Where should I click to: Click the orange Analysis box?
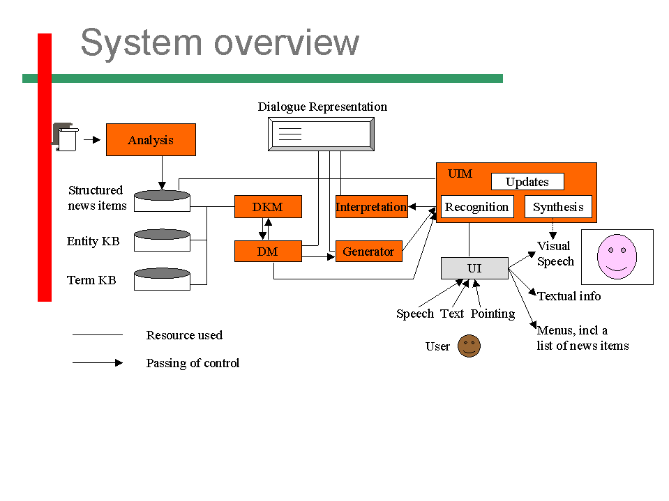(x=151, y=140)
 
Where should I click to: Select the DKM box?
(x=268, y=207)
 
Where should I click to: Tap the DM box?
(x=268, y=252)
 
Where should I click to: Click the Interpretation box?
(x=372, y=207)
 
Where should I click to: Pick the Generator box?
(x=368, y=252)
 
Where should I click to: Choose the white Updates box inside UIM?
(x=527, y=181)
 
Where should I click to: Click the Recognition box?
(x=477, y=207)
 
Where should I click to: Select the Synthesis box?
(x=558, y=207)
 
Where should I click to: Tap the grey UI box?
(x=474, y=268)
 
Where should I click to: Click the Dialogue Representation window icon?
(x=322, y=134)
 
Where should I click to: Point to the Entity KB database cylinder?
(x=162, y=240)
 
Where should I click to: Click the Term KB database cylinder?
(x=162, y=279)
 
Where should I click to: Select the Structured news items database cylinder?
(x=162, y=201)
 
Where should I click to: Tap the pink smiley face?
(x=617, y=256)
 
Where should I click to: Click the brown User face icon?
(x=469, y=346)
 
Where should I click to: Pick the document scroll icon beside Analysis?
(x=66, y=137)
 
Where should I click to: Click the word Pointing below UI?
(x=493, y=314)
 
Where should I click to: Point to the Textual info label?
(x=569, y=296)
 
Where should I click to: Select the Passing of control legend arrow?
(x=98, y=362)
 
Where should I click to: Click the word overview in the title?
(x=286, y=43)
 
